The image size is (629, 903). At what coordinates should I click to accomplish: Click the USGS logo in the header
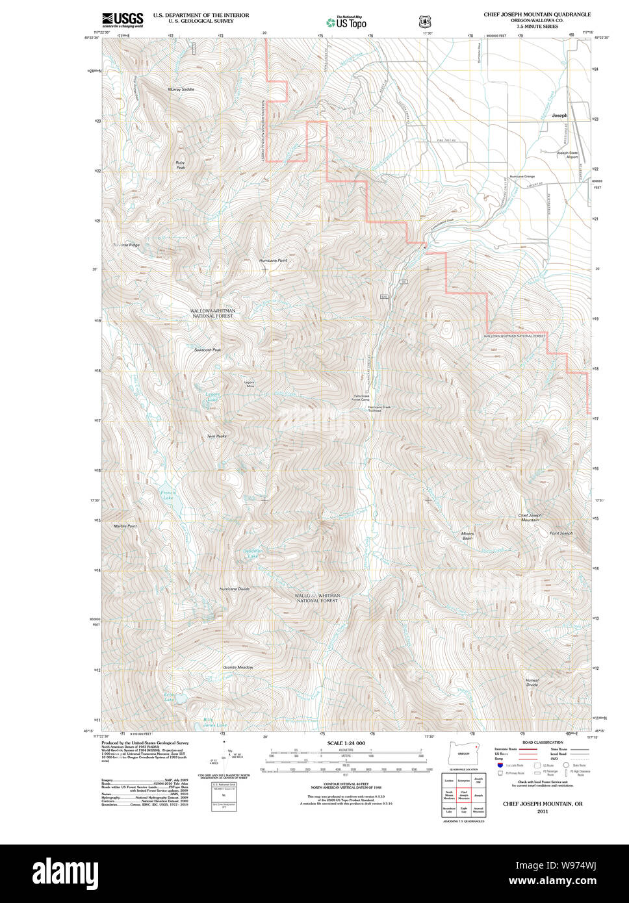(122, 19)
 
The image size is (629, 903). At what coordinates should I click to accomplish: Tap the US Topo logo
(346, 22)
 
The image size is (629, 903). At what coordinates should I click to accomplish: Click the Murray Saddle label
(181, 89)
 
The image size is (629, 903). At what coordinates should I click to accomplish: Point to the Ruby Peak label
(180, 166)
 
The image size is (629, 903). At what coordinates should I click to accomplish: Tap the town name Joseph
(559, 116)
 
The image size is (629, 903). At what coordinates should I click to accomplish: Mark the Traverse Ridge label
(126, 245)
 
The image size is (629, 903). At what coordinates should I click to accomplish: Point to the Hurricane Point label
(273, 261)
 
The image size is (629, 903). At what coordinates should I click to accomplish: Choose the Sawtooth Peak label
(207, 350)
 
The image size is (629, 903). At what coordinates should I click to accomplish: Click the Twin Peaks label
(216, 436)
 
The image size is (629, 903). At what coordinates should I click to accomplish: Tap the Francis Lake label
(168, 496)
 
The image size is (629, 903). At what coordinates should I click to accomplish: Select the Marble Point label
(125, 526)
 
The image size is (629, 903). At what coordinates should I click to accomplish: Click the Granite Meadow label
(238, 667)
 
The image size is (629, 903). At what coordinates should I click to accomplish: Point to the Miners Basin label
(467, 536)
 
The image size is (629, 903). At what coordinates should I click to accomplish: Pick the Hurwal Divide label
(532, 682)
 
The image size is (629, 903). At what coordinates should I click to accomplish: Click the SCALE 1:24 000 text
(346, 743)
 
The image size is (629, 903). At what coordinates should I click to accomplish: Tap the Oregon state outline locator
(463, 753)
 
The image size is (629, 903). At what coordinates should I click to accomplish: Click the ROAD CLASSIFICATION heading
(540, 742)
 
